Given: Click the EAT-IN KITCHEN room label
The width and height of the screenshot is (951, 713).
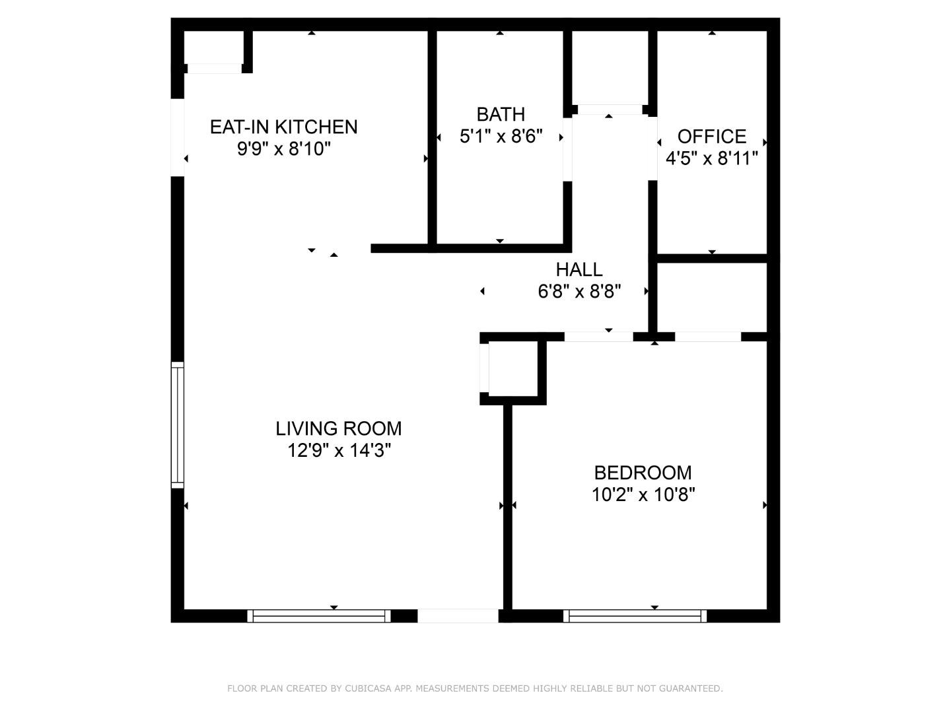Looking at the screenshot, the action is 284,127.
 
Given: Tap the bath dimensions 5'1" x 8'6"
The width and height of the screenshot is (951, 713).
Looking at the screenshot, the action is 501,137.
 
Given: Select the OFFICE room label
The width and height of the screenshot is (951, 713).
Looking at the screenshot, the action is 712,137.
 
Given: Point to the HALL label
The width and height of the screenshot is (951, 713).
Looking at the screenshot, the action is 579,270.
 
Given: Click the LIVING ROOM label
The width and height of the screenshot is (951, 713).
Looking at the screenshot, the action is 339,428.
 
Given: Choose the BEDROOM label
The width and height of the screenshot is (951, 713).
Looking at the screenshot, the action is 643,473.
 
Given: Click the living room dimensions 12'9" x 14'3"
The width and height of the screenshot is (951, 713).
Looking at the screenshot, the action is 339,451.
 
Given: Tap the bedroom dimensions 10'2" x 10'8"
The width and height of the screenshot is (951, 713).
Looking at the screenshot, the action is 643,494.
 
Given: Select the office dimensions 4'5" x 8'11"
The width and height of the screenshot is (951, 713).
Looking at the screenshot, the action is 712,158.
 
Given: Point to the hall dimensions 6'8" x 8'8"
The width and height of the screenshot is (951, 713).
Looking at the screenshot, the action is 579,292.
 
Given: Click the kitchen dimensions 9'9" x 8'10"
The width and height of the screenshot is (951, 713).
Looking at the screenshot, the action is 284,149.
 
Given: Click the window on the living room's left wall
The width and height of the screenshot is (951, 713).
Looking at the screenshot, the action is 178,425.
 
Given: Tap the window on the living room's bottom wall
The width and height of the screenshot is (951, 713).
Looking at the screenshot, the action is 319,616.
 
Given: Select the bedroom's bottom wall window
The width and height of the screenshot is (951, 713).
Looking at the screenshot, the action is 635,616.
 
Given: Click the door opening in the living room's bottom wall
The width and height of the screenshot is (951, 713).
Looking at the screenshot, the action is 458,616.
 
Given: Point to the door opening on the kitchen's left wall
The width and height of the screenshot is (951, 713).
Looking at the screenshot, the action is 178,138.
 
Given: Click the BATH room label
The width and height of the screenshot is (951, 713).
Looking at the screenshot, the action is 501,115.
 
